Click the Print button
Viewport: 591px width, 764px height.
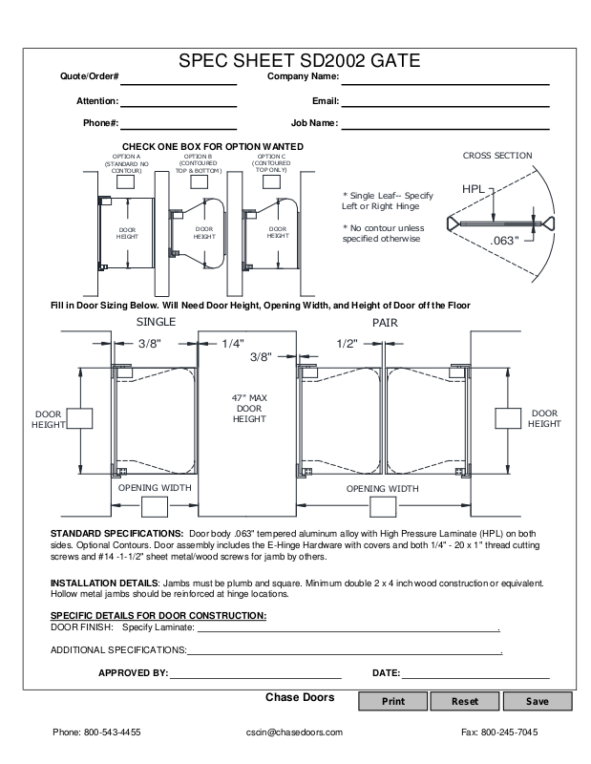coord(392,701)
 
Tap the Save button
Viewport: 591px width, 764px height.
coord(537,701)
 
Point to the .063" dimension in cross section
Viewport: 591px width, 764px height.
coord(502,240)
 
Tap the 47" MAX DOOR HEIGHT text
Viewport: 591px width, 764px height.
coord(248,408)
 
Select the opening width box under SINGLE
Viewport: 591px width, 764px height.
coord(154,506)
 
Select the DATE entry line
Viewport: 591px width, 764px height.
coord(475,673)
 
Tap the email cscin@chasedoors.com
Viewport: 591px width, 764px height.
coord(294,732)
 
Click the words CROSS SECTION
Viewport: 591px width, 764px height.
coord(497,155)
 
